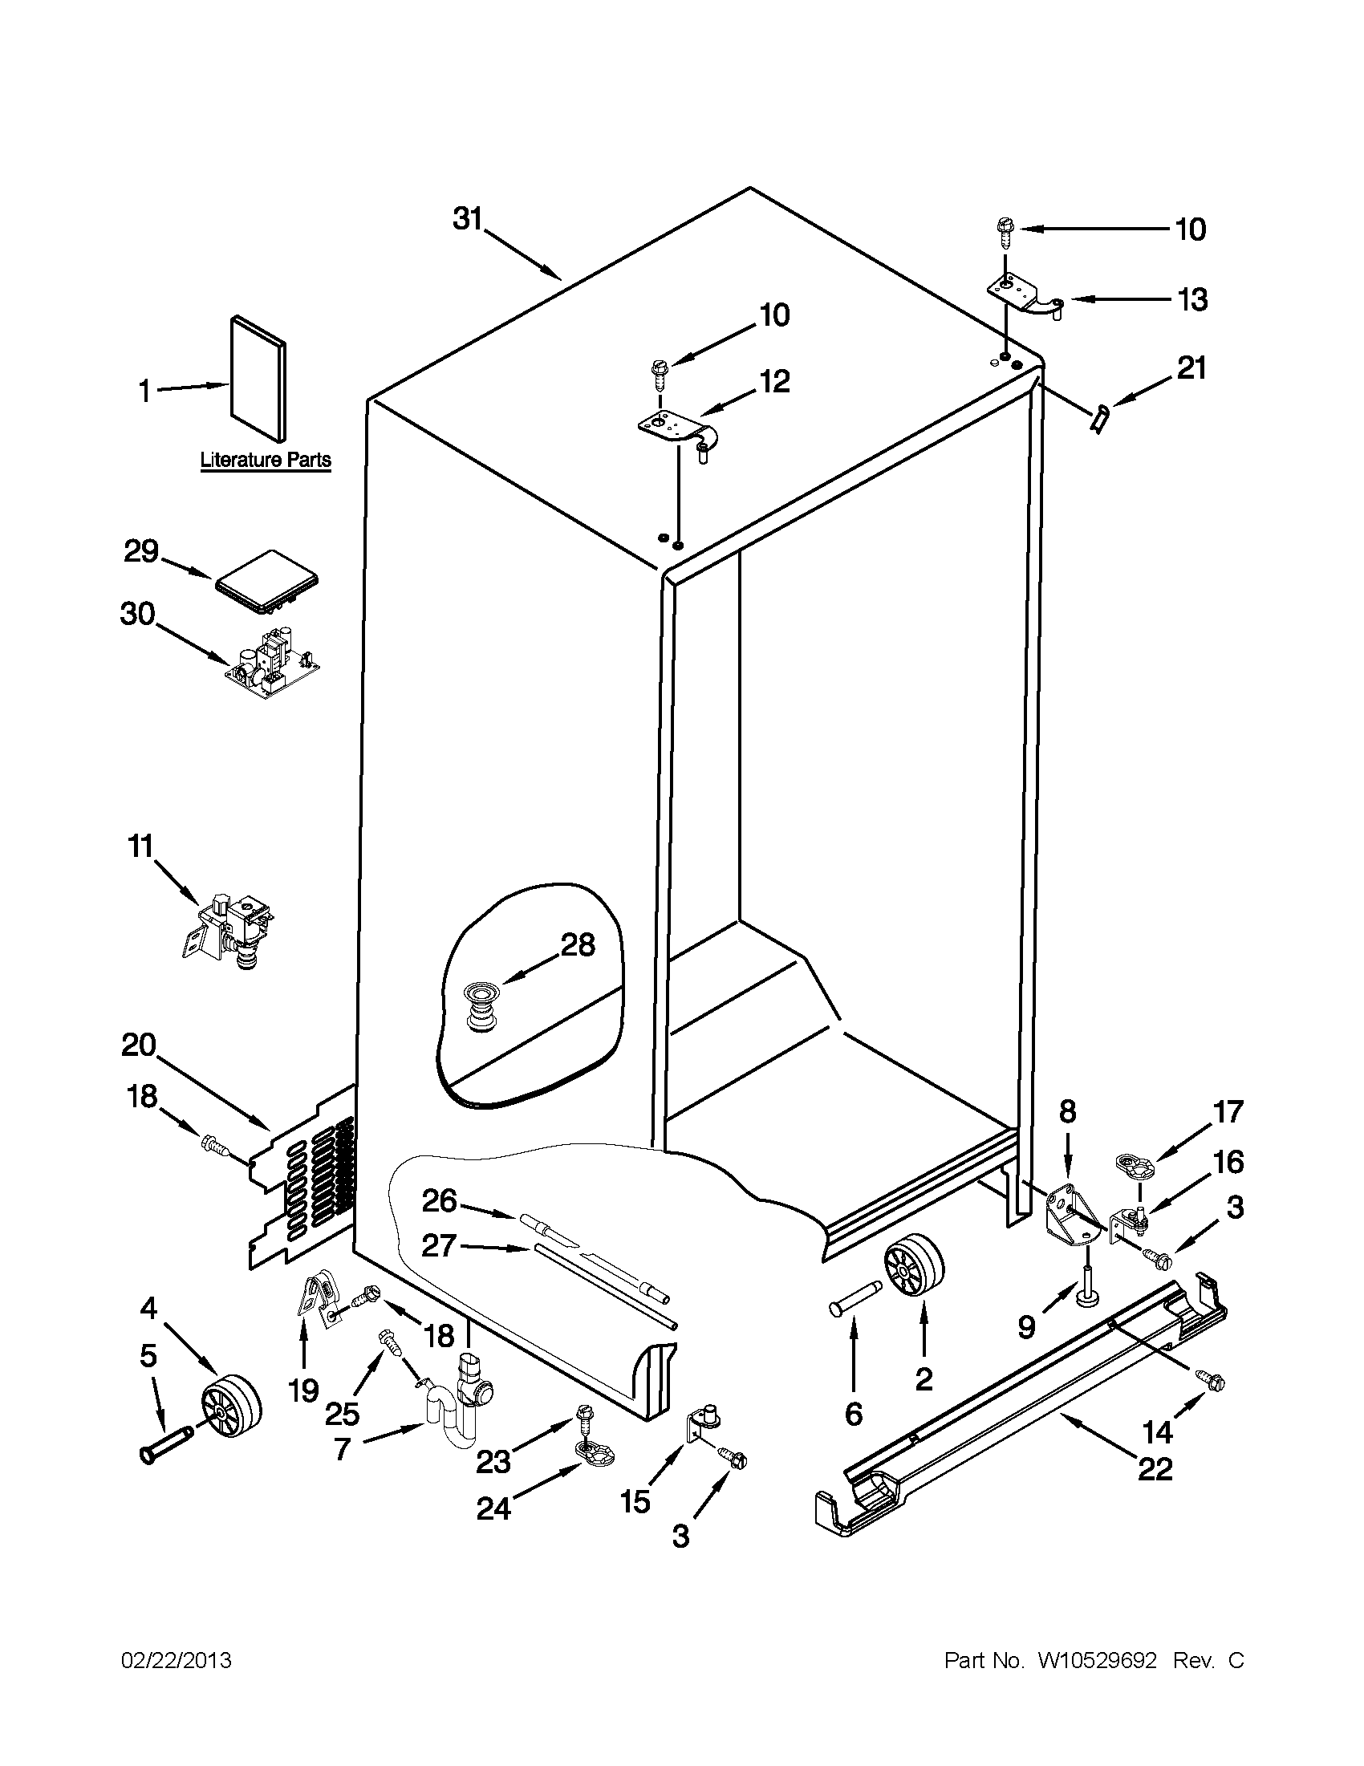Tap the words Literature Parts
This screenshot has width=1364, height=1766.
[266, 460]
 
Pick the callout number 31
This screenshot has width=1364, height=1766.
[466, 220]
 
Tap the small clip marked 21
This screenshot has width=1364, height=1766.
[1098, 420]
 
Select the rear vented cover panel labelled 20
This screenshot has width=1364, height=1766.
[303, 1176]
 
